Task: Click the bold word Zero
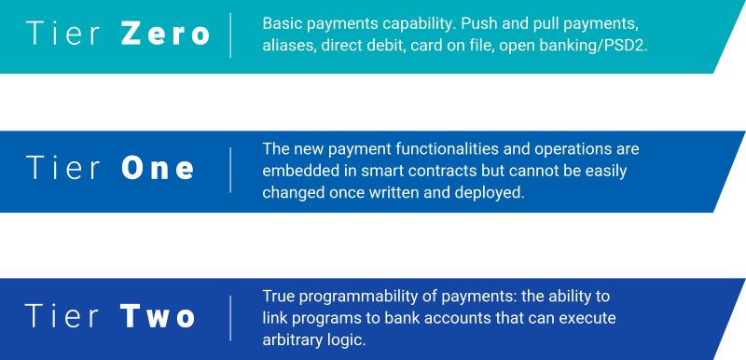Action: (x=164, y=35)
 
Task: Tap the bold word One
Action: (x=159, y=169)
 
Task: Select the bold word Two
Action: (x=159, y=317)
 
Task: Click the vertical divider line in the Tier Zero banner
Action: (x=230, y=35)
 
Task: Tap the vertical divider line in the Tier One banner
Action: (x=230, y=169)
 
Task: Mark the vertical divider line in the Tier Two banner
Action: (x=230, y=317)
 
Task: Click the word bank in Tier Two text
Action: (x=404, y=317)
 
